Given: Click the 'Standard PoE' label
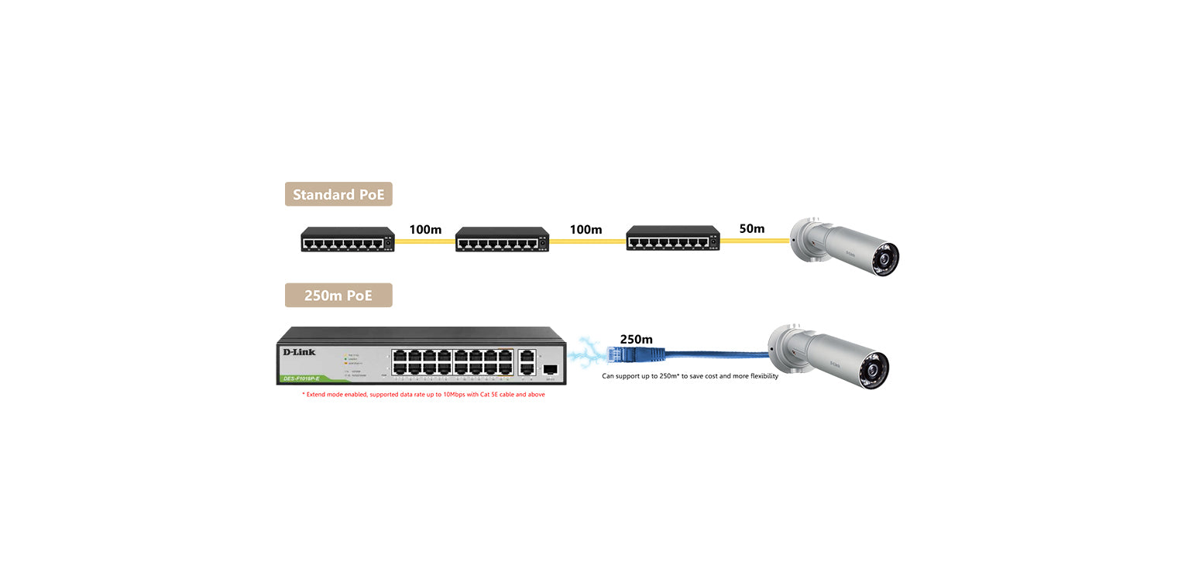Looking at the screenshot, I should [338, 194].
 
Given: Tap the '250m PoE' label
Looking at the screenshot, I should [338, 296].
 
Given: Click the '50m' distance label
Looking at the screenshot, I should [751, 229].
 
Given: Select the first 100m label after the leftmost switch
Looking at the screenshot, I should [425, 230].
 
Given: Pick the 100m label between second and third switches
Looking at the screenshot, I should [586, 230].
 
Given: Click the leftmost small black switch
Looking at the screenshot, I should [348, 239].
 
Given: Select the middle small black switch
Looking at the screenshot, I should [502, 239].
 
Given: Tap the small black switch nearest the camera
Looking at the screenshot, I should [673, 239].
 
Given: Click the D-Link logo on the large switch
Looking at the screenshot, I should [299, 352].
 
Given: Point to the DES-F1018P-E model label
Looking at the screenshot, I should [301, 378].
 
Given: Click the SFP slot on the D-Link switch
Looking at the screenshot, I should [551, 369].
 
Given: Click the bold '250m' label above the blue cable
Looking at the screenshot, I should [636, 339].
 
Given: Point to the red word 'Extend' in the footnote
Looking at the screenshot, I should [317, 395].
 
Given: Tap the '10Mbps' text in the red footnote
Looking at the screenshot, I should [455, 395].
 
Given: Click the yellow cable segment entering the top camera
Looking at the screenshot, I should [755, 241].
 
